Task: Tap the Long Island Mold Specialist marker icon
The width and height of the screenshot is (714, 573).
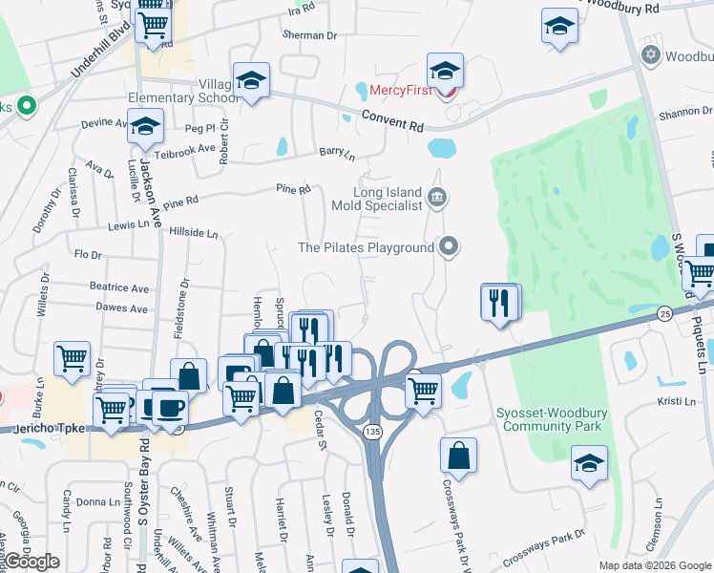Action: [x=438, y=198]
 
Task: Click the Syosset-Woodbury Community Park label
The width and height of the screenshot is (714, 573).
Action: [x=551, y=419]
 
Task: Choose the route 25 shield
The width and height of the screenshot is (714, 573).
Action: [x=665, y=311]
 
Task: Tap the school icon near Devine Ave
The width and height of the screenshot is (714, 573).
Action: [x=146, y=126]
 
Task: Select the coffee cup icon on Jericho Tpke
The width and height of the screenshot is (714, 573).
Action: [x=170, y=408]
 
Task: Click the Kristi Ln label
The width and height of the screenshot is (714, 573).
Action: [x=676, y=403]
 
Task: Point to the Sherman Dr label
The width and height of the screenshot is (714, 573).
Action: [x=309, y=35]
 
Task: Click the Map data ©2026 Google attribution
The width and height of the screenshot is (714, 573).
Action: [x=654, y=565]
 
